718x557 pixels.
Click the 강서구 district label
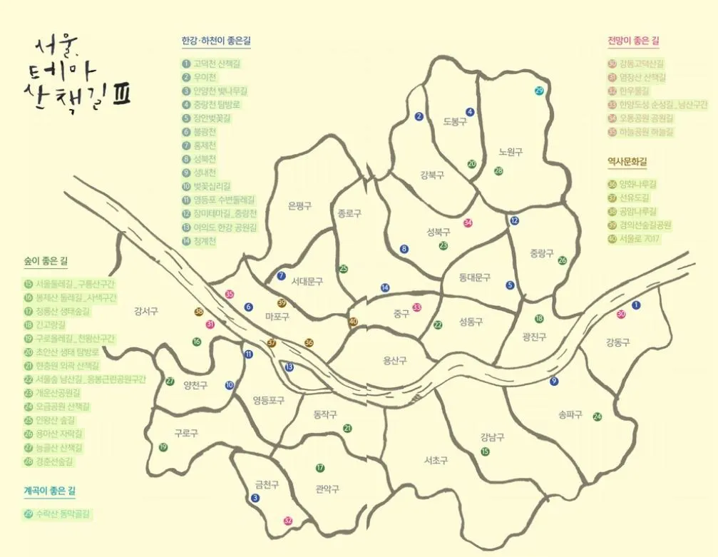145,311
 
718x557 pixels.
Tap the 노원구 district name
511,152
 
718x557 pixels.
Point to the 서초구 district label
435,460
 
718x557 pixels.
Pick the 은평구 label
299,206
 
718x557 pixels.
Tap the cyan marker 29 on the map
539,91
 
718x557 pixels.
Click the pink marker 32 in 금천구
288,521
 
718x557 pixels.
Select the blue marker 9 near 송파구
554,382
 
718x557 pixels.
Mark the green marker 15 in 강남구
486,451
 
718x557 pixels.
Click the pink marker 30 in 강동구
621,314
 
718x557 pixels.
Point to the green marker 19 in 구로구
163,447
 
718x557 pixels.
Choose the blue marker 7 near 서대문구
281,276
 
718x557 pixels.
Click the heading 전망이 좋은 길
632,41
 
